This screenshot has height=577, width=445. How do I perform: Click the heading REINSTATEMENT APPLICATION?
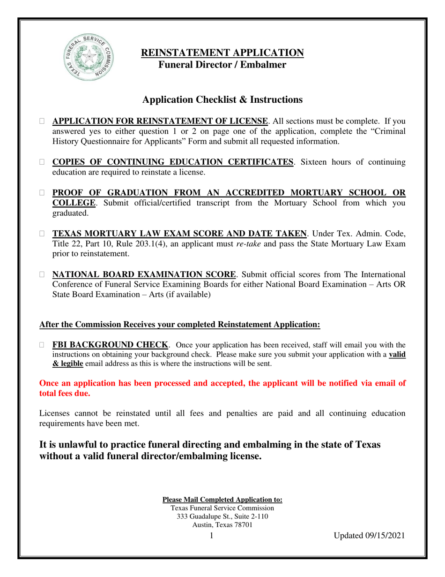pyautogui.click(x=222, y=53)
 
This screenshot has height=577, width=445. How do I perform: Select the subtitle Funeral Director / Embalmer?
pyautogui.click(x=222, y=65)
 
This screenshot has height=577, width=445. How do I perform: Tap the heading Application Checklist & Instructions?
pyautogui.click(x=222, y=99)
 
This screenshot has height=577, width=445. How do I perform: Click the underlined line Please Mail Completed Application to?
pyautogui.click(x=222, y=500)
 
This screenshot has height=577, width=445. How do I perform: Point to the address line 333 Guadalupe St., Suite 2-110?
pyautogui.click(x=222, y=516)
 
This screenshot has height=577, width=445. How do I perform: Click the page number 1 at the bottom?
pyautogui.click(x=212, y=536)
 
